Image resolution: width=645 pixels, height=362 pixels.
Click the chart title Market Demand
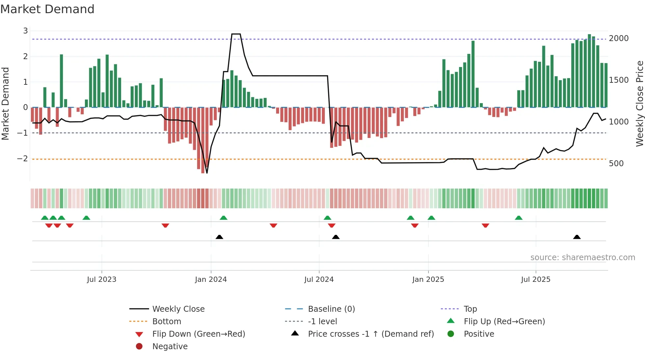[47, 9]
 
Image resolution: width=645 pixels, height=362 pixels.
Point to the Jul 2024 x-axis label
[319, 280]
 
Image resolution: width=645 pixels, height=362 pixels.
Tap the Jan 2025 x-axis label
[428, 280]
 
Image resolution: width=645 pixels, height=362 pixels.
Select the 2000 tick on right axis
[618, 38]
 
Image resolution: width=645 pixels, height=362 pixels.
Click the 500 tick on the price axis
[616, 164]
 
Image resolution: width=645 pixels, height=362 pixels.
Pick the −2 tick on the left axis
[22, 159]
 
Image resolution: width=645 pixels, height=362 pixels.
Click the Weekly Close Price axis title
[639, 103]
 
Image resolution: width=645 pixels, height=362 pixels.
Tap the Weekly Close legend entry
[178, 309]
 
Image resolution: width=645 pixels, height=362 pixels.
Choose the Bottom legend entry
[167, 322]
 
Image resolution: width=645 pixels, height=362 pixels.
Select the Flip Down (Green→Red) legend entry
[198, 334]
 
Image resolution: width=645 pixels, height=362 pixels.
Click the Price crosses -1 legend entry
[371, 334]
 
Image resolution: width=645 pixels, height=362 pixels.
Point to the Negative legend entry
[170, 347]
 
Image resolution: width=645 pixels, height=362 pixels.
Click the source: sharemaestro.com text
[582, 258]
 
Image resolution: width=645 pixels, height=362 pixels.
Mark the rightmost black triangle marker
[577, 237]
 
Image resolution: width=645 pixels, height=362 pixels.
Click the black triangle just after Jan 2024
[219, 237]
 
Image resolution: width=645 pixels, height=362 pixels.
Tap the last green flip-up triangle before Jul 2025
[518, 218]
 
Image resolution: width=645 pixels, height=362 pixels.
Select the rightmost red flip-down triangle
[485, 225]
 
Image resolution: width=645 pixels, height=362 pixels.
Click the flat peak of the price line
[236, 34]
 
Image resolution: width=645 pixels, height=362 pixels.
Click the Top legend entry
[470, 309]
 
